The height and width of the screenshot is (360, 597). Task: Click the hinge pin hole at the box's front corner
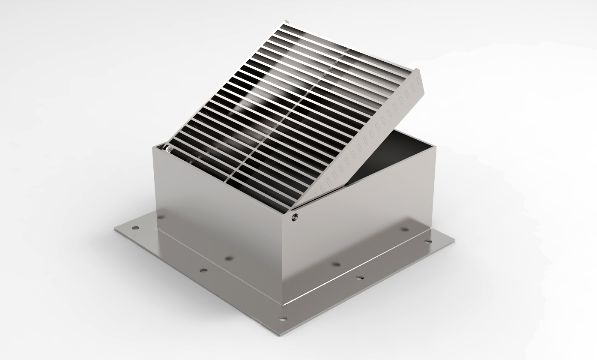[x=294, y=217]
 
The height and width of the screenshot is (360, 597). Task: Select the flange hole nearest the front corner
[x=282, y=318]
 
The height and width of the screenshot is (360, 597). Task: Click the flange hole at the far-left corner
[x=135, y=228]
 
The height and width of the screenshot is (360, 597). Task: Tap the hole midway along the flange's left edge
[x=203, y=270]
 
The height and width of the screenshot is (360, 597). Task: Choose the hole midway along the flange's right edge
[x=359, y=278]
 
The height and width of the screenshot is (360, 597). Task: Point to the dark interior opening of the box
[x=394, y=154]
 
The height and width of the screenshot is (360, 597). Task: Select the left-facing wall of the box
[x=218, y=219]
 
